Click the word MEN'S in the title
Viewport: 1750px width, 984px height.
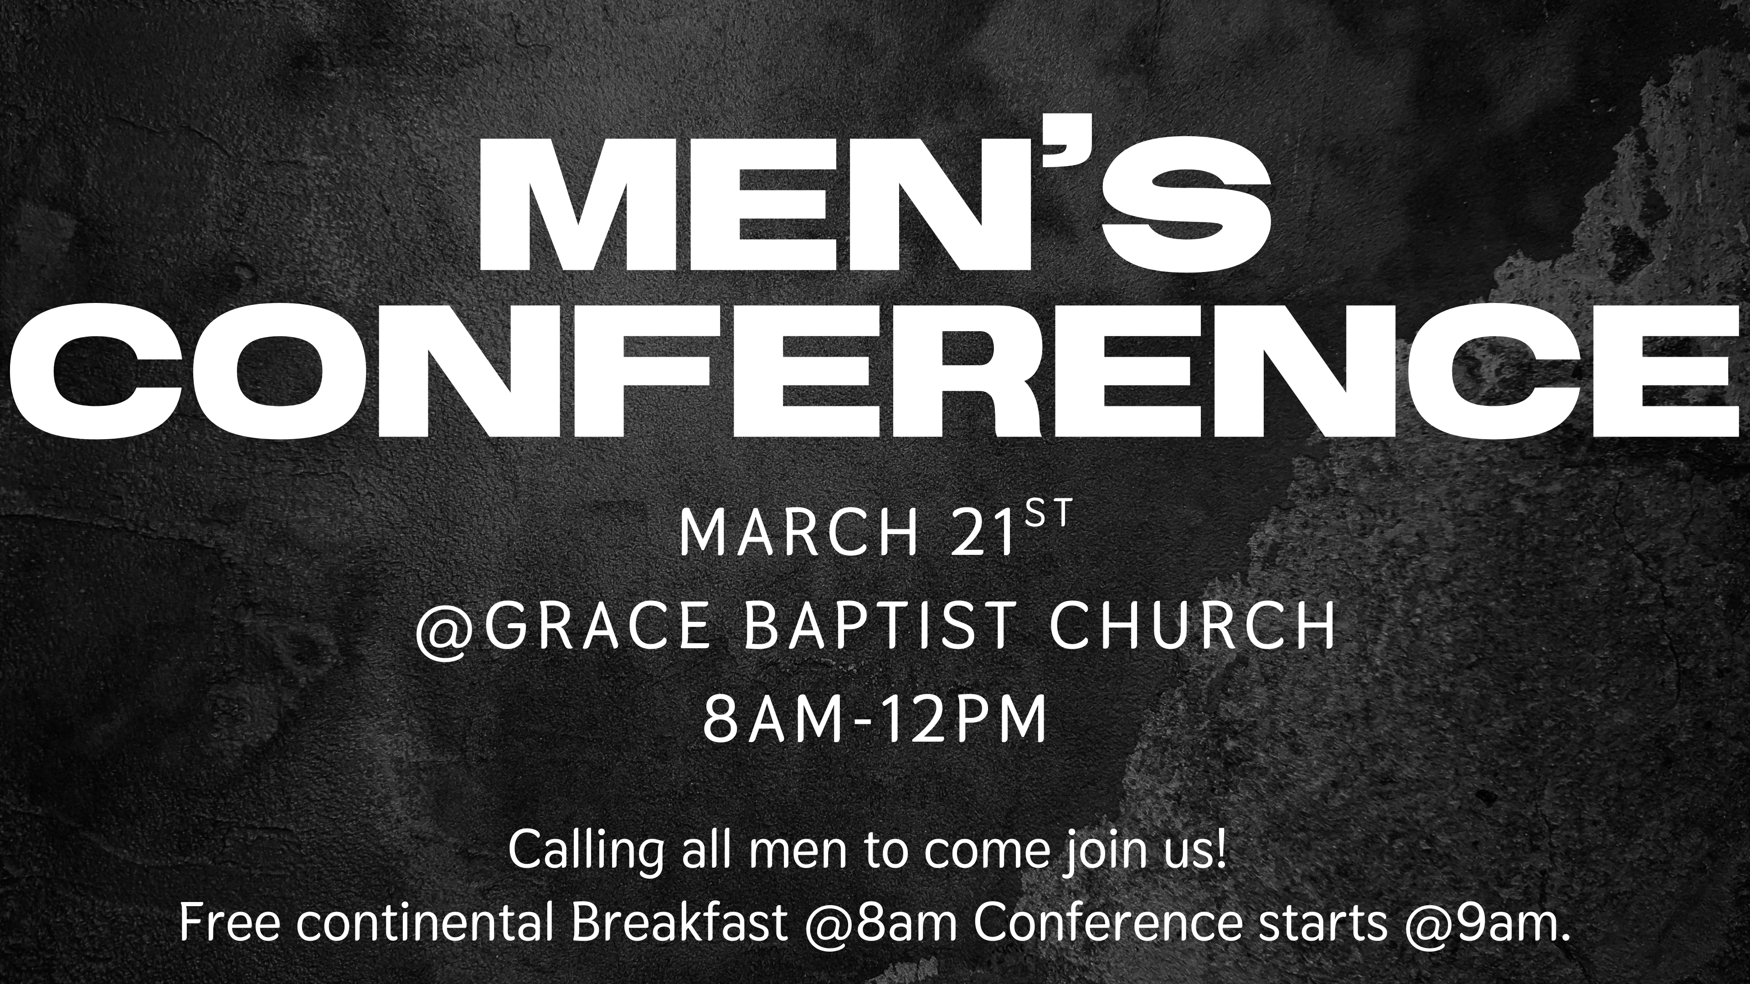875,203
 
